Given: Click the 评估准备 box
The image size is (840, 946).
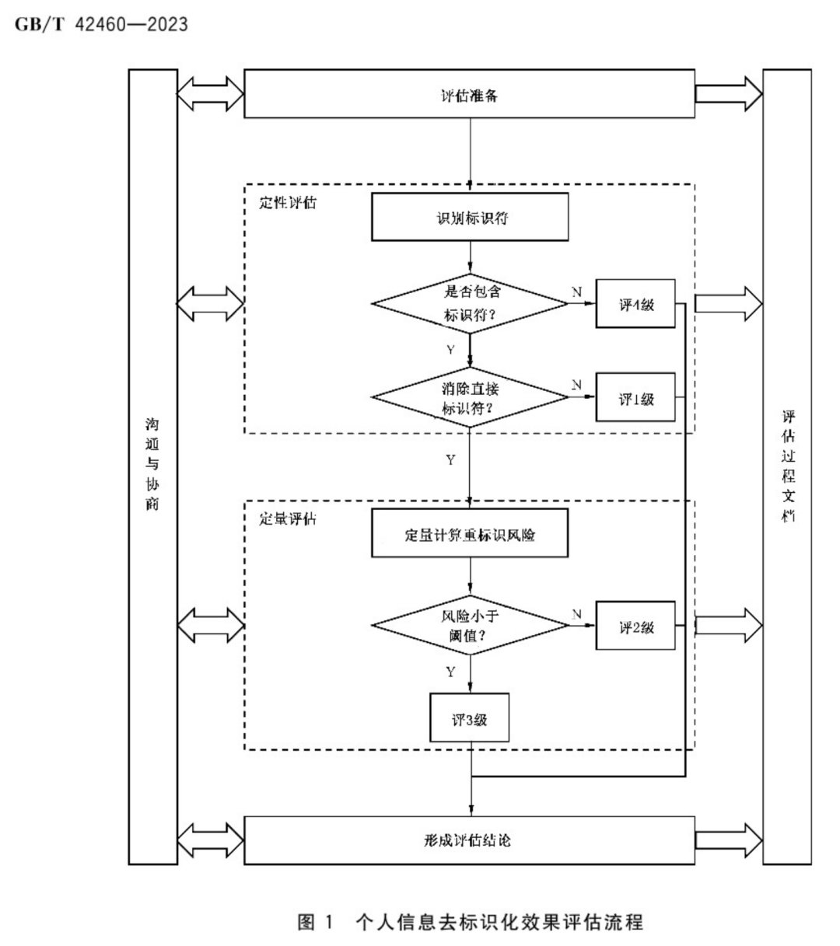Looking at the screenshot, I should (x=469, y=94).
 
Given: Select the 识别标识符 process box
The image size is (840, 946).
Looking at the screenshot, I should (x=470, y=217).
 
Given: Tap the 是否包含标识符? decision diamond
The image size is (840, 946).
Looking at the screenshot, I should (x=471, y=304).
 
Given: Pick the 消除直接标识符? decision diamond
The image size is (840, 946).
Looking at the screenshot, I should (x=471, y=397).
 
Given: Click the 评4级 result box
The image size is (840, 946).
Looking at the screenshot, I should (x=635, y=304).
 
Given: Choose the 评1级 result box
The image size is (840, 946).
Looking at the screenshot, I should (x=635, y=398).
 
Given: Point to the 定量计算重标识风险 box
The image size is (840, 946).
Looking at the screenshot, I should (x=470, y=534).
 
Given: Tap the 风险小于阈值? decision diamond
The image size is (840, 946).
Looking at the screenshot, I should (x=471, y=625).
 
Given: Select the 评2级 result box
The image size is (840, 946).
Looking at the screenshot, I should (x=635, y=626).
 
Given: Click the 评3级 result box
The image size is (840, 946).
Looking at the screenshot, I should (x=470, y=718).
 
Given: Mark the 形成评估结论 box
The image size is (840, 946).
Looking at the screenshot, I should (x=469, y=840).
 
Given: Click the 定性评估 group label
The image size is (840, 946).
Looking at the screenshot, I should (x=288, y=203).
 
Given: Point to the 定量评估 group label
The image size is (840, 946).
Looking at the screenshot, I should (x=288, y=519).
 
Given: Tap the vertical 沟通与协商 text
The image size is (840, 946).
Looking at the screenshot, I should (x=152, y=465).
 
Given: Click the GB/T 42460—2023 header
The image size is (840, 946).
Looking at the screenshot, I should (x=101, y=24).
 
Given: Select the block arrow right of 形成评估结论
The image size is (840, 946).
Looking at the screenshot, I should (x=729, y=840).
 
